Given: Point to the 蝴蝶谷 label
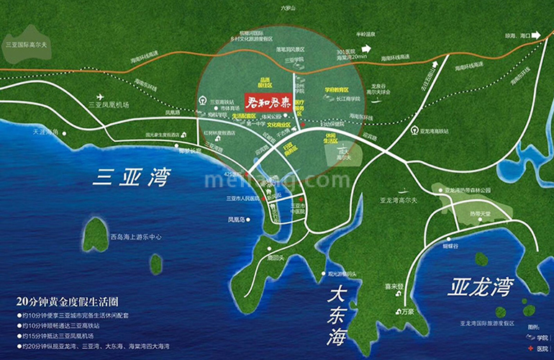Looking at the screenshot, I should [x=450, y=245].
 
